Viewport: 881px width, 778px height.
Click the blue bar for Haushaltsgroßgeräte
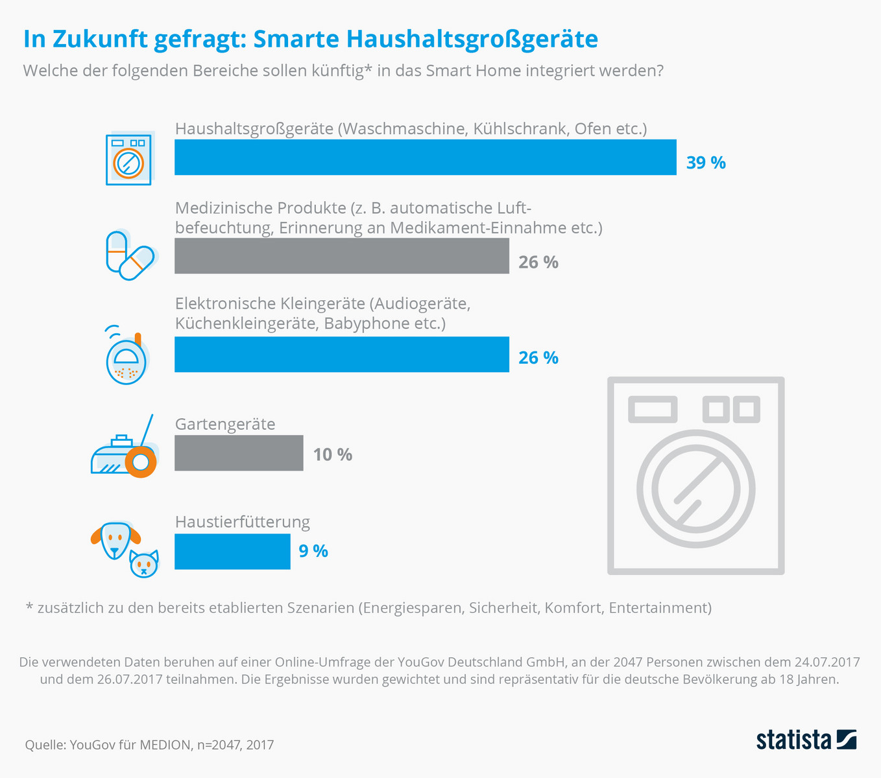425,157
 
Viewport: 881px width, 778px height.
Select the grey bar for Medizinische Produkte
341,255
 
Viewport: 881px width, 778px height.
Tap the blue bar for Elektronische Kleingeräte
341,354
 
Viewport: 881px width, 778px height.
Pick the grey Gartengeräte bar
239,453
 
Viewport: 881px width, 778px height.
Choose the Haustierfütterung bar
232,551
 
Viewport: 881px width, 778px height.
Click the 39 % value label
706,163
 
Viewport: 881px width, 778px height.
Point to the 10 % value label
332,454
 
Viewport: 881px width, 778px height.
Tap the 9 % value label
313,551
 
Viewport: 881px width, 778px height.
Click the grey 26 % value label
538,262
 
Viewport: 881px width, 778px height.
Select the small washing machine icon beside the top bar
128,159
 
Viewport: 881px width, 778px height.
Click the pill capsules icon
130,255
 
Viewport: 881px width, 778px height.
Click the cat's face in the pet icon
143,564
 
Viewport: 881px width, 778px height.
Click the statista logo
806,740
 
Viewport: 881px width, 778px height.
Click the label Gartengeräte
225,424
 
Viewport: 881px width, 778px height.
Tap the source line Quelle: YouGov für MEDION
149,745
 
